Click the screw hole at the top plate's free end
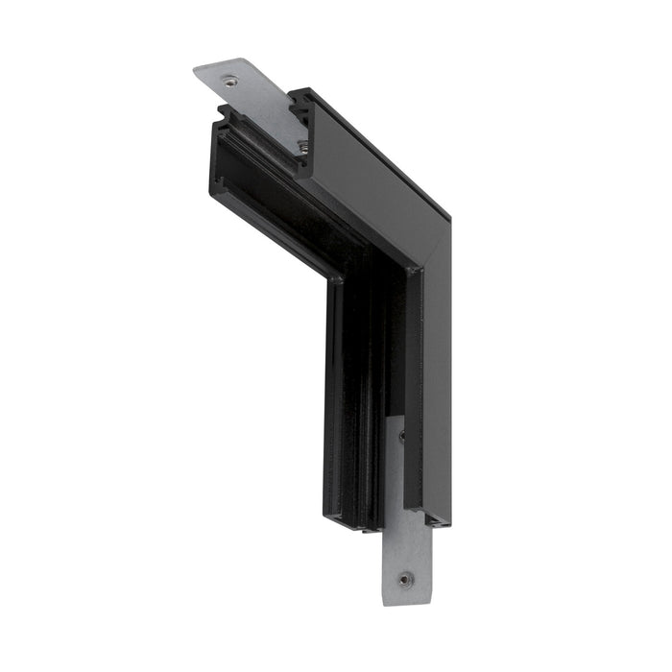(x=229, y=82)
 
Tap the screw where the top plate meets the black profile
(x=301, y=145)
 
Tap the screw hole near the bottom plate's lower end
(x=406, y=579)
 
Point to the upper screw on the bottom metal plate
(x=401, y=436)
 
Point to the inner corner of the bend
(x=337, y=278)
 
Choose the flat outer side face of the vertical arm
(x=436, y=384)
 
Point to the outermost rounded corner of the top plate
(x=196, y=70)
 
